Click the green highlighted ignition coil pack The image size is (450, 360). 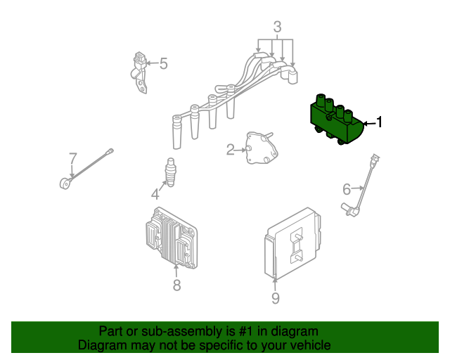pyautogui.click(x=335, y=124)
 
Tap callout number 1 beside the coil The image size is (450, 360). pyautogui.click(x=379, y=123)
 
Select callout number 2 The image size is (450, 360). pyautogui.click(x=230, y=149)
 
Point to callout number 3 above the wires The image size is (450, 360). pyautogui.click(x=277, y=27)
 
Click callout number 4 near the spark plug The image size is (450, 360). pyautogui.click(x=155, y=194)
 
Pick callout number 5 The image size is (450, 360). pyautogui.click(x=163, y=64)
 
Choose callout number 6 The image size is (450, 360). pyautogui.click(x=347, y=189)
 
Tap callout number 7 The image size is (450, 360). pyautogui.click(x=72, y=157)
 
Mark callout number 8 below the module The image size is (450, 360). pyautogui.click(x=176, y=285)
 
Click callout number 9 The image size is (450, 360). pyautogui.click(x=275, y=299)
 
